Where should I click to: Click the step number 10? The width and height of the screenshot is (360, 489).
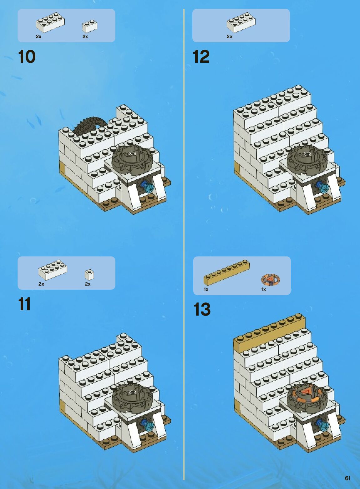pos(27,57)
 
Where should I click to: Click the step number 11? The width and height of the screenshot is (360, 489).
pos(24,304)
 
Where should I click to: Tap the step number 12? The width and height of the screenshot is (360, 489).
pos(201,57)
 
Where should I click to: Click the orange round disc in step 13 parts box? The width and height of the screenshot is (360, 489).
pos(271,280)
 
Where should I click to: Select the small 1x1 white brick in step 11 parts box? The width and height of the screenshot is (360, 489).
pos(89,275)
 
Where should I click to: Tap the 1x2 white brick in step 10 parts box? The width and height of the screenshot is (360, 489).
pos(90,26)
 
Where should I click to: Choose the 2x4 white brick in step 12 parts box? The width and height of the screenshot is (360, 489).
pos(241,22)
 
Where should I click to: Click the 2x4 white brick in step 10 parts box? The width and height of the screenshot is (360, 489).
pos(50,22)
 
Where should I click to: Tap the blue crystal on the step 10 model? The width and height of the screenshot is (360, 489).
pos(148,187)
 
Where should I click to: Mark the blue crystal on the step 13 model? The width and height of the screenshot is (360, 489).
pos(322,425)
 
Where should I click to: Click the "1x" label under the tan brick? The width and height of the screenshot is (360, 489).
pos(206,289)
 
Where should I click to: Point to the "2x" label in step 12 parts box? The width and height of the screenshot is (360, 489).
pos(229,37)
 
